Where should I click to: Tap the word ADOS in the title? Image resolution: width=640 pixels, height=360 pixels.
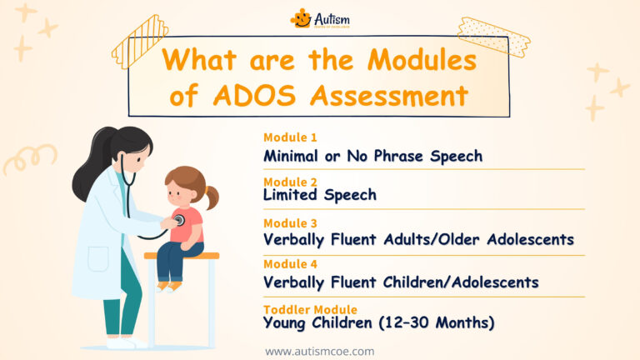point(256,96)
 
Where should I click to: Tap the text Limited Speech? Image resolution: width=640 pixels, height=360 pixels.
point(320,195)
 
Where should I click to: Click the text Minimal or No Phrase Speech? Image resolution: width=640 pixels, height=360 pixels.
point(372,156)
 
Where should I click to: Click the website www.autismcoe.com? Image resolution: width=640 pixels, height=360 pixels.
point(319,351)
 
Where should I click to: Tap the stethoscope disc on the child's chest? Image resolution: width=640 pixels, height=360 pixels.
point(178,221)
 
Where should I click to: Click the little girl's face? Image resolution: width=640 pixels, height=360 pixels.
point(180,192)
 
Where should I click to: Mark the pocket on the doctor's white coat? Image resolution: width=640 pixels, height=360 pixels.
point(98,258)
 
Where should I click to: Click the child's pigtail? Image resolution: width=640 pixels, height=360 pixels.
point(212,197)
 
